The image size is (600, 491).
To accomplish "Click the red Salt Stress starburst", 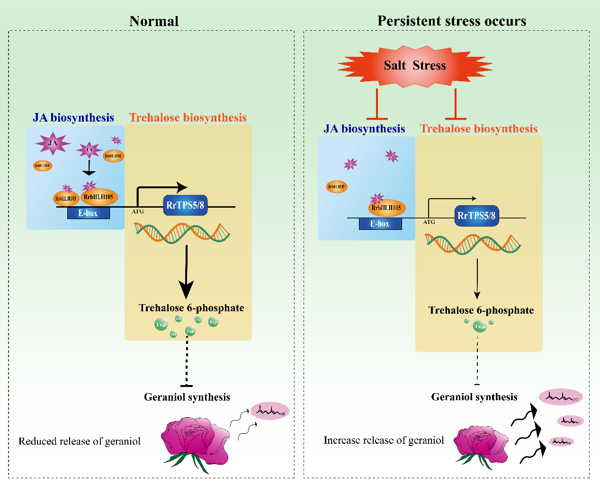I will pyautogui.click(x=415, y=66).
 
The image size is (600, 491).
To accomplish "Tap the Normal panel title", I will pyautogui.click(x=154, y=21).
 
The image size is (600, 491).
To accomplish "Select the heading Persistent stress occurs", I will pyautogui.click(x=451, y=21).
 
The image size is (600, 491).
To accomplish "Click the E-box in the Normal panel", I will pyautogui.click(x=88, y=213).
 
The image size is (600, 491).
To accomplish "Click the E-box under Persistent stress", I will pyautogui.click(x=380, y=224).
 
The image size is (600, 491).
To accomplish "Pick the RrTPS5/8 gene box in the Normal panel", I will pyautogui.click(x=185, y=205).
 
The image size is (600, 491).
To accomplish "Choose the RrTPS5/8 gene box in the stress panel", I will pyautogui.click(x=476, y=216).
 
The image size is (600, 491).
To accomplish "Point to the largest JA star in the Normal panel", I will pyautogui.click(x=53, y=143).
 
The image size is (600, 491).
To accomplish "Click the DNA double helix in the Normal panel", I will pyautogui.click(x=182, y=232).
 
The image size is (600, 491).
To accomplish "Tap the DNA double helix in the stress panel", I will pyautogui.click(x=473, y=243).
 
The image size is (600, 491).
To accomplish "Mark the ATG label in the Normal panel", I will pyautogui.click(x=138, y=211).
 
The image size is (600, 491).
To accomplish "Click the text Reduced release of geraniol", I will pyautogui.click(x=80, y=441).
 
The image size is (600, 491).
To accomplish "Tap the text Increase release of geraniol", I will pyautogui.click(x=384, y=440).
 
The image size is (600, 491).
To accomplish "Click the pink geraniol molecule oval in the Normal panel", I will pyautogui.click(x=270, y=411).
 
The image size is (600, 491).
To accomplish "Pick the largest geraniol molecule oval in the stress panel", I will pyautogui.click(x=561, y=397).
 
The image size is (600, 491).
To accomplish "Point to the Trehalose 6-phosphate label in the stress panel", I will pyautogui.click(x=481, y=310).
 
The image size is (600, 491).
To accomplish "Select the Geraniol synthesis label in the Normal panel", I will pyautogui.click(x=187, y=397).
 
